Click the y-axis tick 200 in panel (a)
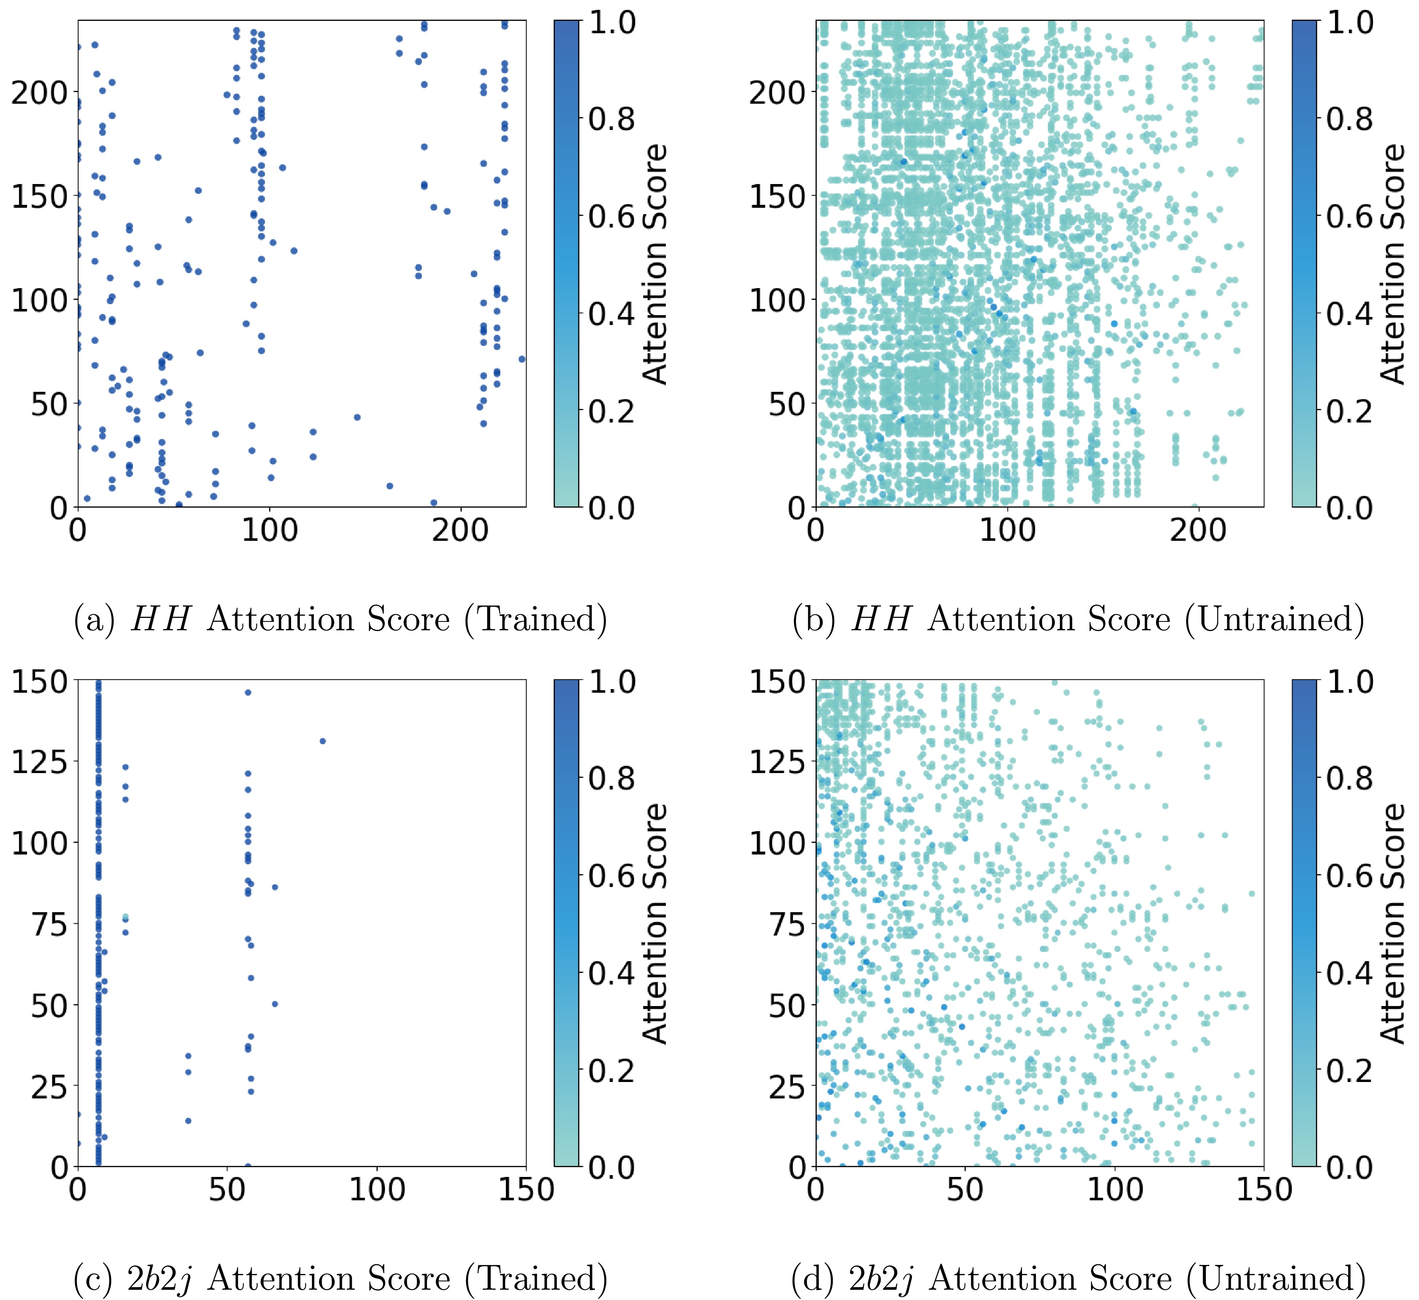(x=39, y=92)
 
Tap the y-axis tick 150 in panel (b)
(x=777, y=196)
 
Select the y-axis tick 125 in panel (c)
(x=39, y=762)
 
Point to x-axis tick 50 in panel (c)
(x=227, y=1189)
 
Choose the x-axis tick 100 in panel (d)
(x=1115, y=1189)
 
